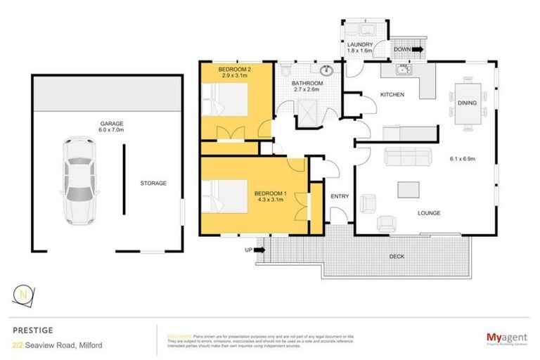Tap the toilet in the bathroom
click(285, 71)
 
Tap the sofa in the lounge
click(399, 157)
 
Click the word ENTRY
click(340, 195)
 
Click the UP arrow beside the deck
click(260, 249)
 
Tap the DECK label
click(397, 257)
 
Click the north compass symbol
click(25, 295)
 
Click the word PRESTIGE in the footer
click(32, 328)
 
